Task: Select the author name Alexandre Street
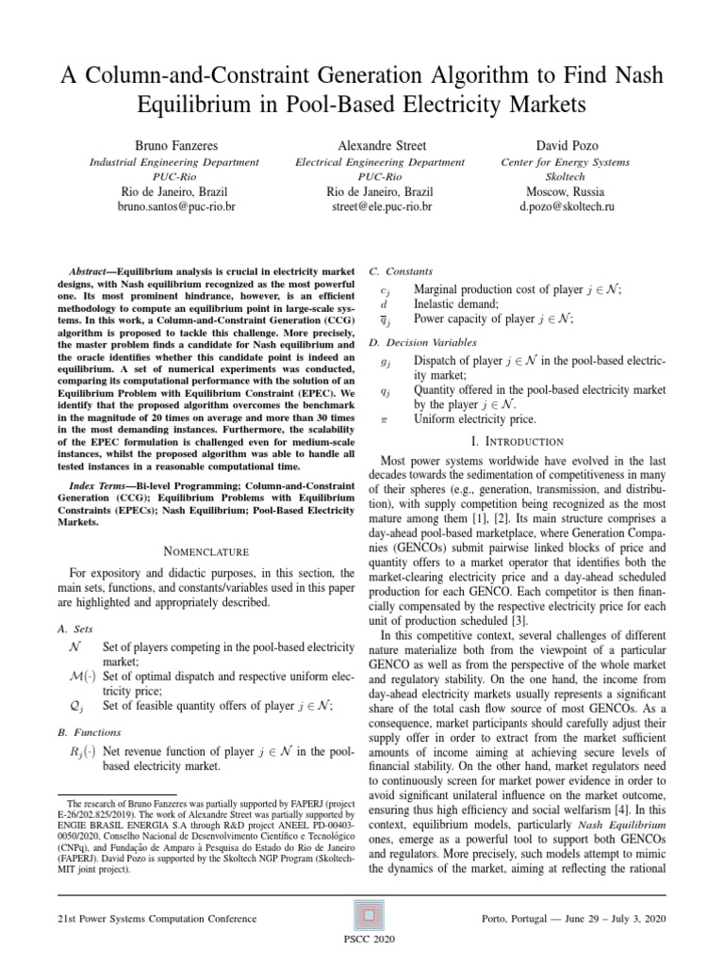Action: tap(381, 146)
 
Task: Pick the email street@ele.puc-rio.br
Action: tap(381, 204)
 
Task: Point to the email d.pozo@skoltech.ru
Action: tap(566, 204)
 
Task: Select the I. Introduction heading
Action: tap(521, 442)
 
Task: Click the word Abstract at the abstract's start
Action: tap(91, 271)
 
